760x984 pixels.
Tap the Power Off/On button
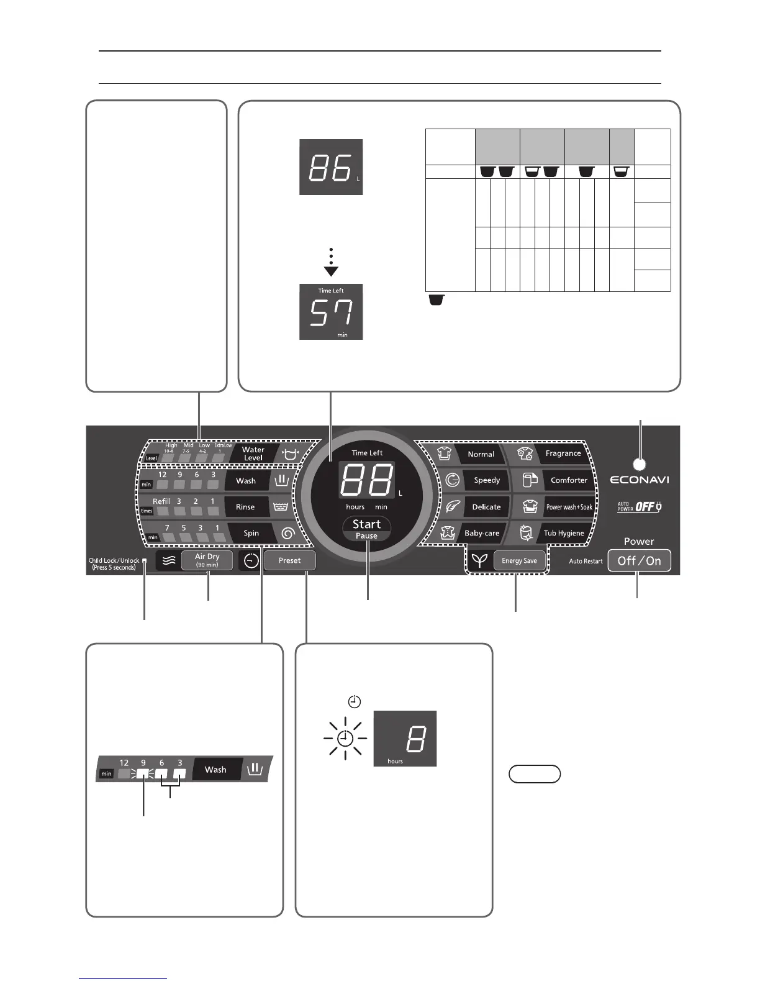pyautogui.click(x=639, y=561)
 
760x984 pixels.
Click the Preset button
pyautogui.click(x=289, y=561)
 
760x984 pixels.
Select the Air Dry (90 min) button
pyautogui.click(x=207, y=560)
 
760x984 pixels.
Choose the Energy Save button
pyautogui.click(x=519, y=561)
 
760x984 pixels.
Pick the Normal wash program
pyautogui.click(x=481, y=454)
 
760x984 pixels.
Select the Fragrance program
pyautogui.click(x=563, y=453)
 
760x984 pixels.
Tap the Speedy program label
pyautogui.click(x=486, y=480)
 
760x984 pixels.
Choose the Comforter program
pyautogui.click(x=568, y=480)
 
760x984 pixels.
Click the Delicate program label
pyautogui.click(x=486, y=507)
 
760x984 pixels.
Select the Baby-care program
pyautogui.click(x=482, y=533)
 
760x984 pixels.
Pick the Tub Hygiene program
pyautogui.click(x=563, y=533)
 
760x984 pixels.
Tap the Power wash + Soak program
pyautogui.click(x=568, y=507)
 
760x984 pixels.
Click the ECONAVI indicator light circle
pyautogui.click(x=640, y=464)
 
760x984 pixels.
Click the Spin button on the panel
pyautogui.click(x=251, y=533)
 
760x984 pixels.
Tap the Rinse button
pyautogui.click(x=245, y=507)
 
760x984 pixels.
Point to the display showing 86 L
pyautogui.click(x=331, y=167)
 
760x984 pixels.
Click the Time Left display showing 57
pyautogui.click(x=331, y=312)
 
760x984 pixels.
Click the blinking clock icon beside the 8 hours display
pyautogui.click(x=345, y=739)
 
